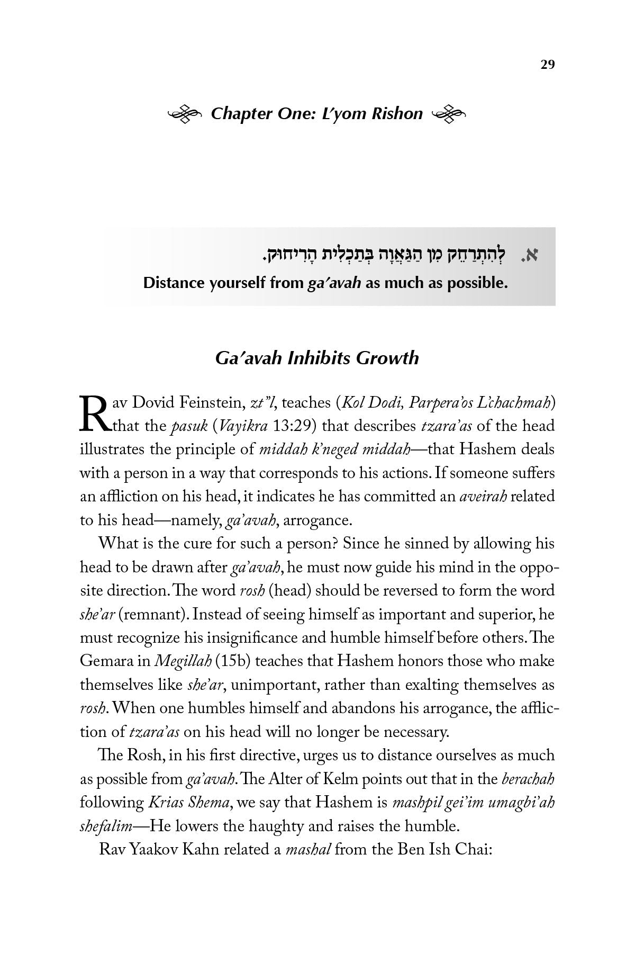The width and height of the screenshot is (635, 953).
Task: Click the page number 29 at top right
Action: (547, 65)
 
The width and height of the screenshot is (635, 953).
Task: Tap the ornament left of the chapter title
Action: (185, 114)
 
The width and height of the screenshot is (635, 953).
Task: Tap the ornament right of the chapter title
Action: (450, 114)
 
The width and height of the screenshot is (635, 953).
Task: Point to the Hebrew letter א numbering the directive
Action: (531, 256)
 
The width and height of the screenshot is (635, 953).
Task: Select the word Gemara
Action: (110, 661)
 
